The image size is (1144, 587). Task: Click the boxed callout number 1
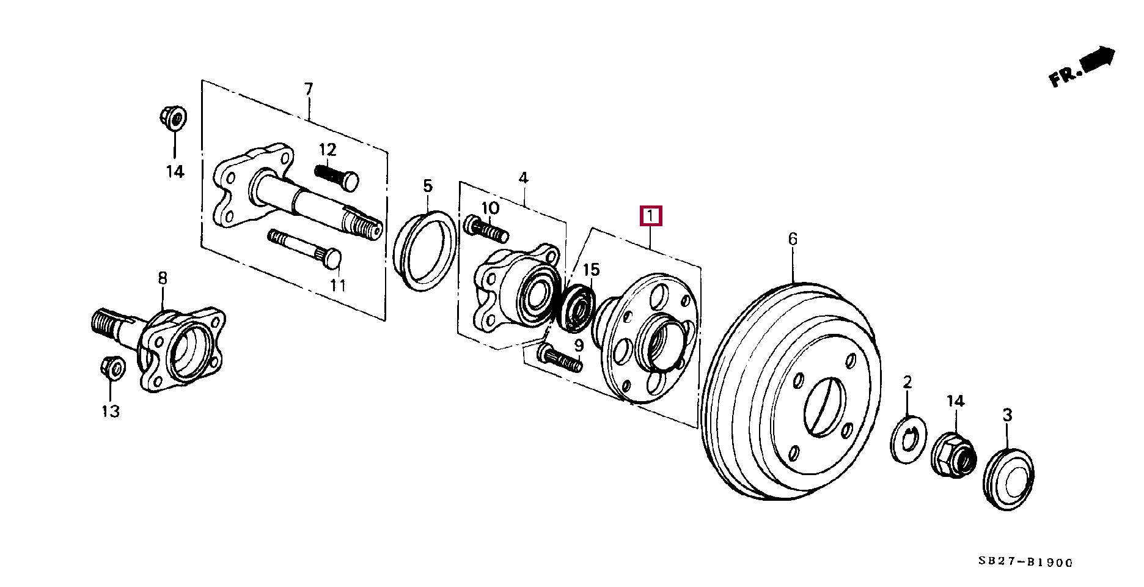[x=651, y=216]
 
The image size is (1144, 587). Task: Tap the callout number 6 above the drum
[x=793, y=239]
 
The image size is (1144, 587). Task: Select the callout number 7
[x=309, y=89]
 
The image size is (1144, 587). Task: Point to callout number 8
[x=162, y=279]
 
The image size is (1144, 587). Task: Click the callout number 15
[x=592, y=270]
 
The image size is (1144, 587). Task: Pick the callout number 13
[x=111, y=412]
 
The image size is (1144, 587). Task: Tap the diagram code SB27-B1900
[x=1025, y=562]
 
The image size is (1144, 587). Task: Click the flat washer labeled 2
[x=907, y=439]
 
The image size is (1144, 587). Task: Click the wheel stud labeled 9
[x=559, y=358]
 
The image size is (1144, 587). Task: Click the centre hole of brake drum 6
[x=824, y=406]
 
